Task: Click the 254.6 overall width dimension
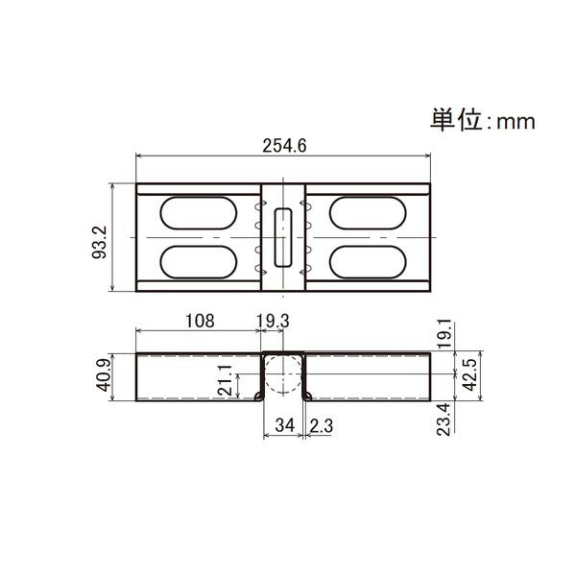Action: pos(284,145)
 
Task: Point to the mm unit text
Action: pos(514,123)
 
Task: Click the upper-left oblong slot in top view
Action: pos(196,212)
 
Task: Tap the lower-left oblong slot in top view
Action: pos(196,261)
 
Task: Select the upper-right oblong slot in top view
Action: pos(371,212)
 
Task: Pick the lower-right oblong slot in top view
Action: pos(371,261)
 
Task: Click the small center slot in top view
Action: pos(283,236)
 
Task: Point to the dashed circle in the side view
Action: pos(284,373)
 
